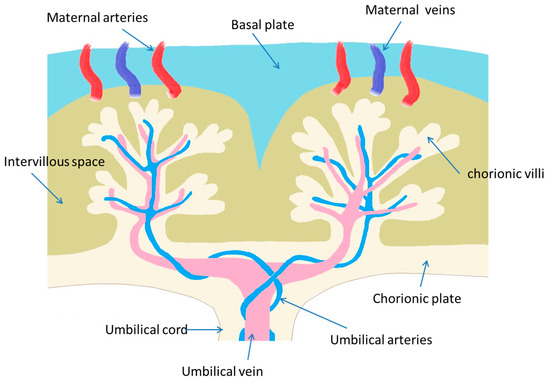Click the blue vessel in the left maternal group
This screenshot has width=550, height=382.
(x=128, y=72)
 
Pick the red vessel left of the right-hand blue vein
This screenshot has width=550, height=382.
(x=345, y=72)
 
